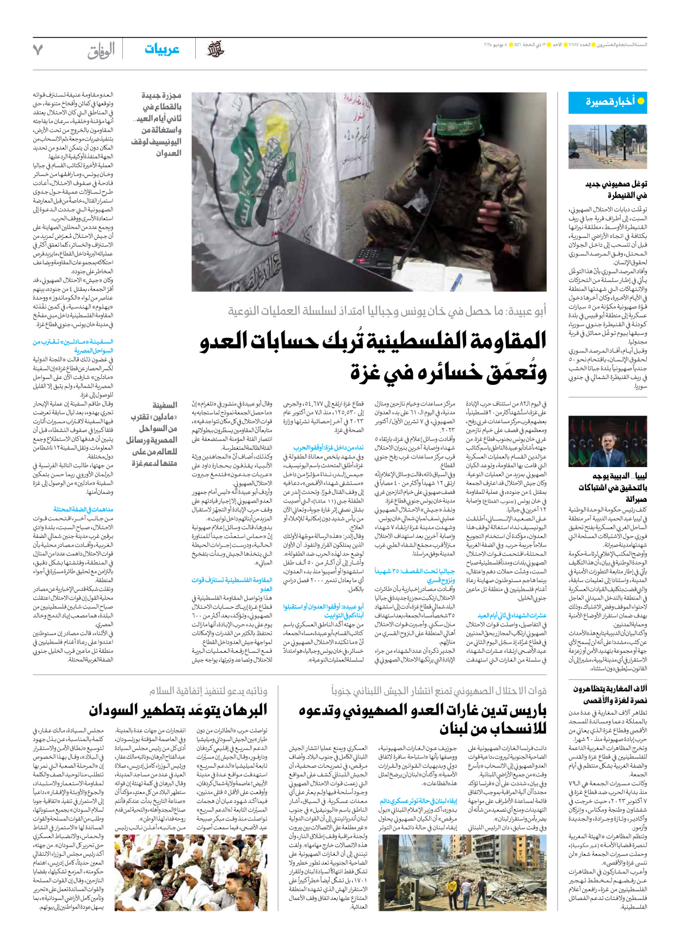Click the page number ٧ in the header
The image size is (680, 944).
point(38,50)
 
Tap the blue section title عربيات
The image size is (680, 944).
point(162,50)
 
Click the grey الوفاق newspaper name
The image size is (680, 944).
point(101,51)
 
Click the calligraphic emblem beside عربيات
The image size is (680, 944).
point(215,50)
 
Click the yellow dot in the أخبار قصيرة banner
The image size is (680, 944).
point(640,101)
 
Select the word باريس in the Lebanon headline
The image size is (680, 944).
point(524,710)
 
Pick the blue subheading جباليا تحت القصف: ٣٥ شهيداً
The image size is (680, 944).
point(415,571)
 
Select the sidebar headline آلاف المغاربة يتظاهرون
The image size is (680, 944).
point(610,689)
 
